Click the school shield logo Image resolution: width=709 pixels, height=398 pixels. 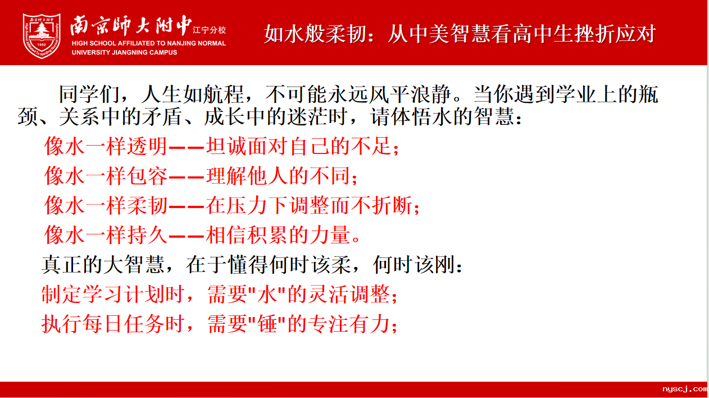[42, 36]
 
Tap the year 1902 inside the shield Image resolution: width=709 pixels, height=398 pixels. [42, 44]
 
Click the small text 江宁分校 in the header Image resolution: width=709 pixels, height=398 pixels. [209, 30]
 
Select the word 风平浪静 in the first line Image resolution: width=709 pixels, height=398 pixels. [410, 94]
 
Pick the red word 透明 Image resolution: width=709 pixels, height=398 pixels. [147, 146]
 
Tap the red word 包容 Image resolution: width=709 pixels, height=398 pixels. [147, 176]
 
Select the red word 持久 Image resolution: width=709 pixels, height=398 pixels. [147, 235]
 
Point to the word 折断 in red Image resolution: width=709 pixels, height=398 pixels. [392, 205]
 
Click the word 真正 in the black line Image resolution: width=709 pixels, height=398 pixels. [62, 264]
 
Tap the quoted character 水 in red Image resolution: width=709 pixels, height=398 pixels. [267, 294]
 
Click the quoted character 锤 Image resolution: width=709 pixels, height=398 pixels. [267, 324]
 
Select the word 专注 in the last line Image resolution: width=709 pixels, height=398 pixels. [329, 324]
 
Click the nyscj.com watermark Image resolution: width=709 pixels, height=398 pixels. [685, 389]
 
